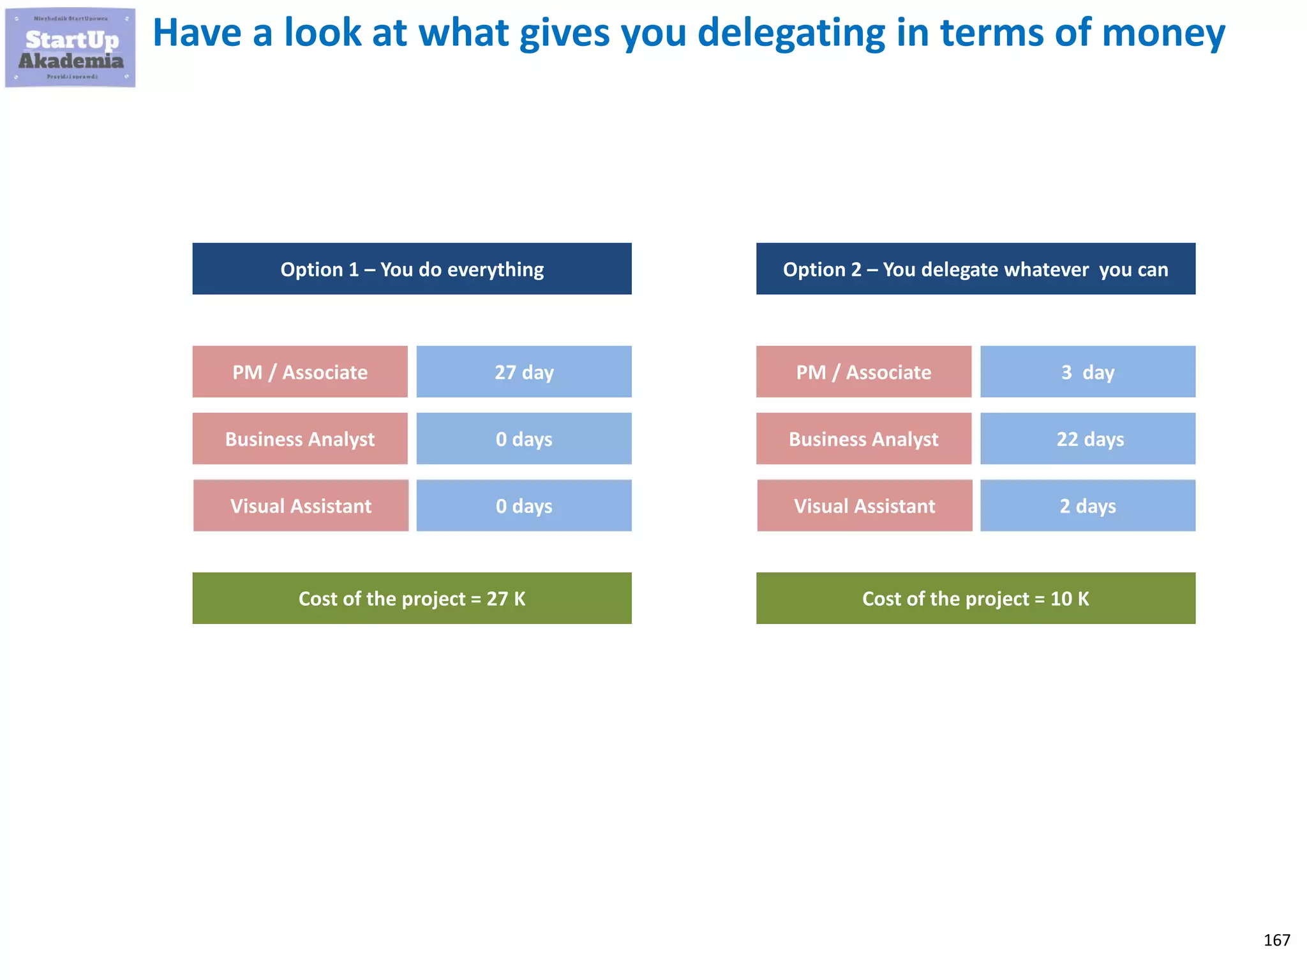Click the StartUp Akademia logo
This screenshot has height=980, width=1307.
(70, 48)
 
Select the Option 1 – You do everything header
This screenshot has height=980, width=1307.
(412, 269)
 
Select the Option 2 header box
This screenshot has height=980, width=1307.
(975, 269)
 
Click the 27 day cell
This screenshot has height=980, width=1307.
(524, 372)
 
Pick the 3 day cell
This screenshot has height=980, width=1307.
(1087, 372)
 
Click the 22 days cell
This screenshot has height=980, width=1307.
(1087, 439)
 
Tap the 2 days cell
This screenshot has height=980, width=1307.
(1087, 506)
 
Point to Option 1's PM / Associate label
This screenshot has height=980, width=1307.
(300, 372)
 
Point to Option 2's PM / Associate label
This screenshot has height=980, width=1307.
(863, 372)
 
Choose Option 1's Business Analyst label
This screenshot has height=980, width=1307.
(300, 439)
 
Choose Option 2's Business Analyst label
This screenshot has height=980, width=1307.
(863, 439)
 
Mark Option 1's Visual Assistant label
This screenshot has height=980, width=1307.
(301, 506)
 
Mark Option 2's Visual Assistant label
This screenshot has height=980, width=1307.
(864, 506)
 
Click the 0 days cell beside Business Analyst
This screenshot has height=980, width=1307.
(524, 439)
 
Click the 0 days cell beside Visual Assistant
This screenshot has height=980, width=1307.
(524, 506)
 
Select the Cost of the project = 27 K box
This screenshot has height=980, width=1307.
(412, 598)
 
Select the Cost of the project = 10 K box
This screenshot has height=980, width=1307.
(975, 598)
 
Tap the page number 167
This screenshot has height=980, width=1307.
(1276, 940)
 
